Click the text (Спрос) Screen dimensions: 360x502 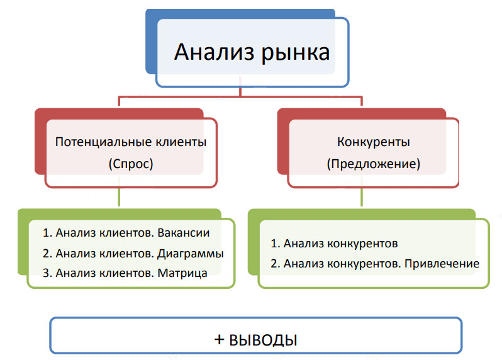[x=131, y=164]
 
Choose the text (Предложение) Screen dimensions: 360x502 [x=374, y=164]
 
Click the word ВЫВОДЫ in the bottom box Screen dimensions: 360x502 [x=263, y=340]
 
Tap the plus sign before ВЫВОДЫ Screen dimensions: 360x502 [x=220, y=340]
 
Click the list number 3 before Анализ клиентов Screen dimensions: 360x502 [x=46, y=273]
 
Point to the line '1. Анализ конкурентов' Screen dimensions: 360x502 [x=335, y=243]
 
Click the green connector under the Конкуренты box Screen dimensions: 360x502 [x=361, y=198]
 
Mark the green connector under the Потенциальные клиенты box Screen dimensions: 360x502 [x=119, y=198]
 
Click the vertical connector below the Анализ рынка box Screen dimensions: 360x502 [x=240, y=92]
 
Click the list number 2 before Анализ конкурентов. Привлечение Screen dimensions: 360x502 [x=274, y=263]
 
